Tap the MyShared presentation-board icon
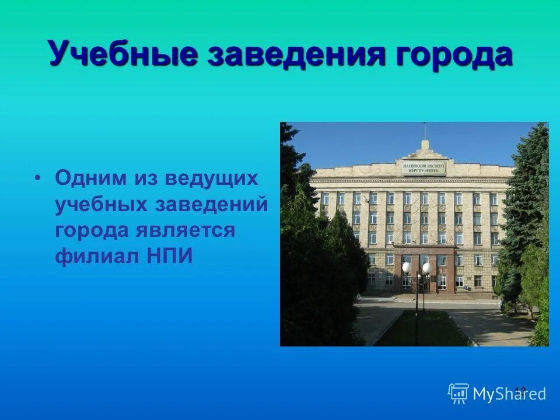459,394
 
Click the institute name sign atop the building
424,168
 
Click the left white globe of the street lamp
406,267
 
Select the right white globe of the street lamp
426,267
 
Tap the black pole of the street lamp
416,309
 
